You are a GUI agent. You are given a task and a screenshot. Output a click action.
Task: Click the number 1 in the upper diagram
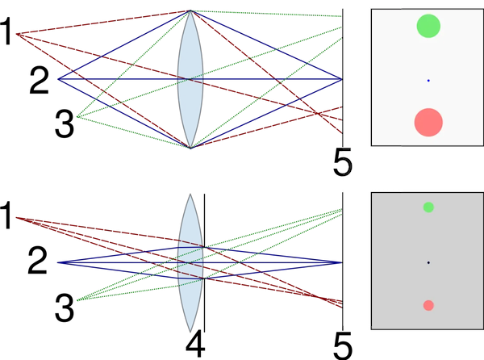click(x=6, y=31)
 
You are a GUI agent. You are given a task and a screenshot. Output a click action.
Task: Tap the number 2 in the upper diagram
click(x=40, y=81)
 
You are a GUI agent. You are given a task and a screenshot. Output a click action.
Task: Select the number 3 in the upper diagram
click(x=65, y=124)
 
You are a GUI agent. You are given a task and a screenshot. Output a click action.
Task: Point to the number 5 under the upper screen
click(x=343, y=162)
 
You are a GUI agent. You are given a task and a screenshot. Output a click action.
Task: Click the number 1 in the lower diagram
click(x=6, y=215)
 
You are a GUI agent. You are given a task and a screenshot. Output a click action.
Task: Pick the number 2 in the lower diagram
click(x=37, y=262)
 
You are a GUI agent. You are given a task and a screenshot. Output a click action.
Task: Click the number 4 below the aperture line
click(x=195, y=344)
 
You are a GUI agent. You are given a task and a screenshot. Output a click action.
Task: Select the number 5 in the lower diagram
click(x=343, y=346)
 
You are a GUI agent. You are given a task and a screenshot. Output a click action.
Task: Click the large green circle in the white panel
click(x=428, y=26)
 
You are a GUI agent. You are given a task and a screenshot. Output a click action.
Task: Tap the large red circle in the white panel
click(x=428, y=122)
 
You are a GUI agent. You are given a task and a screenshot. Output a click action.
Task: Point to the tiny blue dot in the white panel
click(x=428, y=81)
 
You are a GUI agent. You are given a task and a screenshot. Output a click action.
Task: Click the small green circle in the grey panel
click(x=428, y=207)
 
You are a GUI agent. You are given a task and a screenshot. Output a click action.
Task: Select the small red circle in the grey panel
click(x=428, y=305)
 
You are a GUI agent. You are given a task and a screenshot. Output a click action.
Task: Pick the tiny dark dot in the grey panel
click(x=428, y=263)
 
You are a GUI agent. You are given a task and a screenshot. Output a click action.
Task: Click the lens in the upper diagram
click(x=190, y=79)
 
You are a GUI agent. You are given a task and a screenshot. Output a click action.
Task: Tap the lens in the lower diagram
click(x=190, y=263)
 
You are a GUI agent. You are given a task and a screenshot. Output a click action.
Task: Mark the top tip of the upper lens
click(x=190, y=10)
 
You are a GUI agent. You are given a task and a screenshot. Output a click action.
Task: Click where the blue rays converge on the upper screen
click(x=342, y=79)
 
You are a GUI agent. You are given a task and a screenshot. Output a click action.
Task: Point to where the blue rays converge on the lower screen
click(x=342, y=263)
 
